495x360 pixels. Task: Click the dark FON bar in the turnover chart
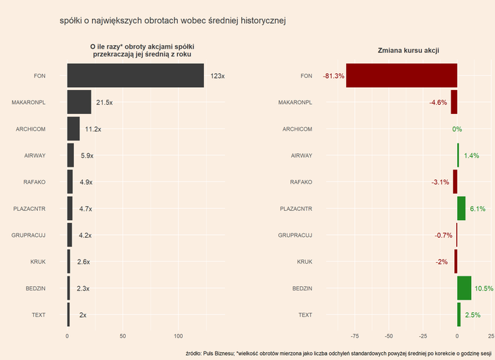tap(135, 76)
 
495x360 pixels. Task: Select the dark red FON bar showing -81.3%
tap(401, 76)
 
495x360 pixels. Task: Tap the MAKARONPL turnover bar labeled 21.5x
tap(79, 103)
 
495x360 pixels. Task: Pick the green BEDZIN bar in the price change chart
tap(464, 288)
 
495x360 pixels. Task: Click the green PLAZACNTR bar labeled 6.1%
tap(461, 209)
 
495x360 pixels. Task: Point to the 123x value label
tap(217, 76)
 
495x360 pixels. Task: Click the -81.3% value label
tap(333, 76)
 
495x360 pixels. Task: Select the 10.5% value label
tap(484, 288)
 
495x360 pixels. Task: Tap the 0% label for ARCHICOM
tap(457, 129)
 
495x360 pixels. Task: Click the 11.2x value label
tap(93, 129)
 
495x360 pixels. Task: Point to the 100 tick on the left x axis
tap(179, 336)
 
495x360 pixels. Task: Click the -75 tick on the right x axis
tap(354, 336)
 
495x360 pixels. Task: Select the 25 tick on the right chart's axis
tap(491, 336)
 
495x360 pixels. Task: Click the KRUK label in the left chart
tap(38, 262)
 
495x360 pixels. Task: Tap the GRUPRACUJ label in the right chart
tap(295, 236)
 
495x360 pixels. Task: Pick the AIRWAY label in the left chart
tap(34, 155)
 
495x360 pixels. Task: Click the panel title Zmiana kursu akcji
tap(409, 50)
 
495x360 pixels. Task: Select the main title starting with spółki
tap(173, 21)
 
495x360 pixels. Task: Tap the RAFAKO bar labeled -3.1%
tap(455, 182)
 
